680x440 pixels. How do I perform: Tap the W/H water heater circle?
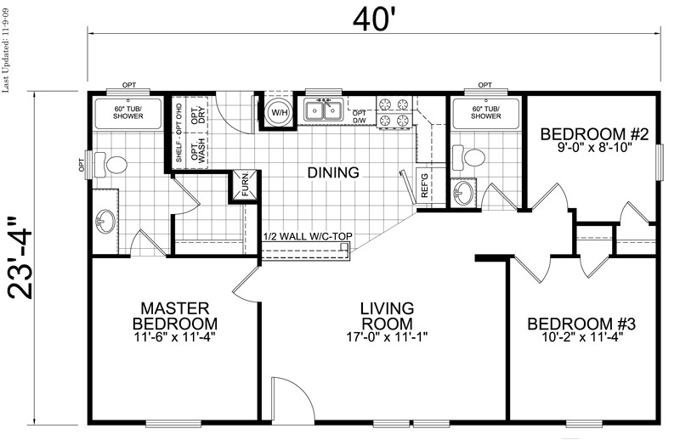click(278, 113)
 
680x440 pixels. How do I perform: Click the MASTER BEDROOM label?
click(174, 315)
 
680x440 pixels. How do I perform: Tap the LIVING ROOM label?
click(387, 315)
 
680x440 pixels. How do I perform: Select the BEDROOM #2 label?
click(595, 133)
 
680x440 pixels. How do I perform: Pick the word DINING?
click(334, 172)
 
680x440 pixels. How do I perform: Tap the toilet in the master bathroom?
click(112, 162)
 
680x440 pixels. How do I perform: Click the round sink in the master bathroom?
click(105, 223)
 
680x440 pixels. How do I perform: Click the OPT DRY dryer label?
click(197, 116)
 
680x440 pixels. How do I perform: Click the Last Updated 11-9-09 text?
click(8, 51)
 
